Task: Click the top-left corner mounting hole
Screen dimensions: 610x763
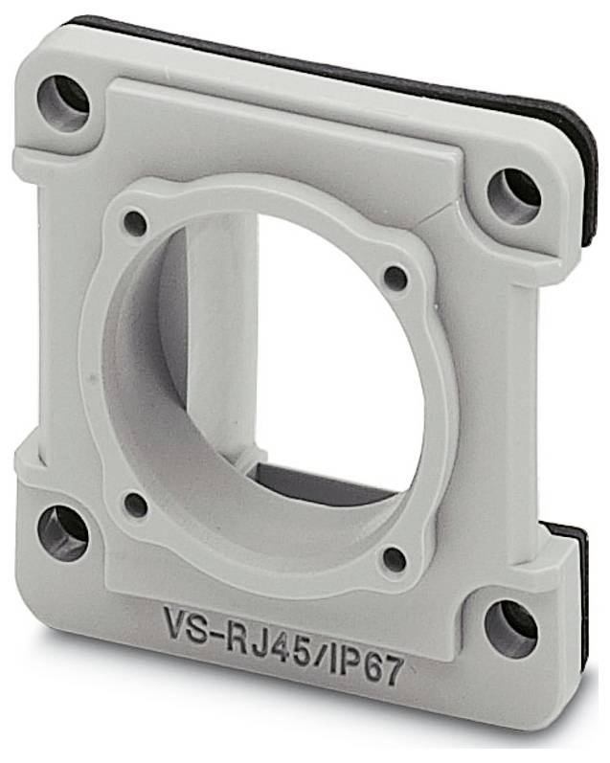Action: pyautogui.click(x=63, y=103)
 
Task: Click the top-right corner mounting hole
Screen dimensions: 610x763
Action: pyautogui.click(x=513, y=196)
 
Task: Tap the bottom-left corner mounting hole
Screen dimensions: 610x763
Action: pyautogui.click(x=63, y=534)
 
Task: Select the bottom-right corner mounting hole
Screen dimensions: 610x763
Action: pyautogui.click(x=511, y=629)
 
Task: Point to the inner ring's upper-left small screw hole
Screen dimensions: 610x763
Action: pyautogui.click(x=135, y=224)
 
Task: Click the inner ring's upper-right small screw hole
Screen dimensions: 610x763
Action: pyautogui.click(x=395, y=279)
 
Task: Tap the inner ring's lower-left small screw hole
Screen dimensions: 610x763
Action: pyautogui.click(x=136, y=505)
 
